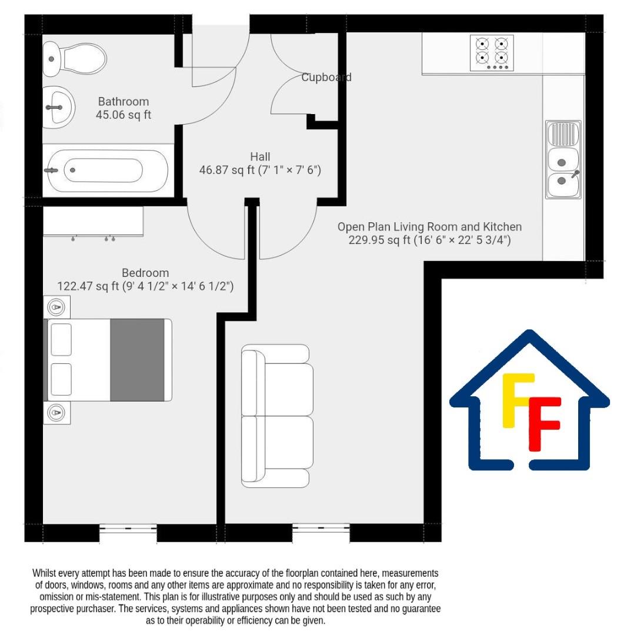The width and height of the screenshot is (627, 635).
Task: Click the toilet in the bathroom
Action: coord(74,58)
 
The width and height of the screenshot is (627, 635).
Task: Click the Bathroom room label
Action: coord(124,101)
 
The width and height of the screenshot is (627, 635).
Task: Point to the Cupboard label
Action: coord(326,77)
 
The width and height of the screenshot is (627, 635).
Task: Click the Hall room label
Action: coord(260,156)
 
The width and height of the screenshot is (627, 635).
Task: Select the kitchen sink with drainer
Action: coord(563,159)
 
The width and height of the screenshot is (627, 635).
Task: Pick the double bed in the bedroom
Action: coord(109,360)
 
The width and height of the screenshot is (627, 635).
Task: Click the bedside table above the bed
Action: coord(58,307)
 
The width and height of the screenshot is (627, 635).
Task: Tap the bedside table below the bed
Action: coord(58,412)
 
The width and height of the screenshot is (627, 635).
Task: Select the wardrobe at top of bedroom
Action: coord(93,221)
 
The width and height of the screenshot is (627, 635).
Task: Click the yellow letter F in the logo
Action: coord(514,400)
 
